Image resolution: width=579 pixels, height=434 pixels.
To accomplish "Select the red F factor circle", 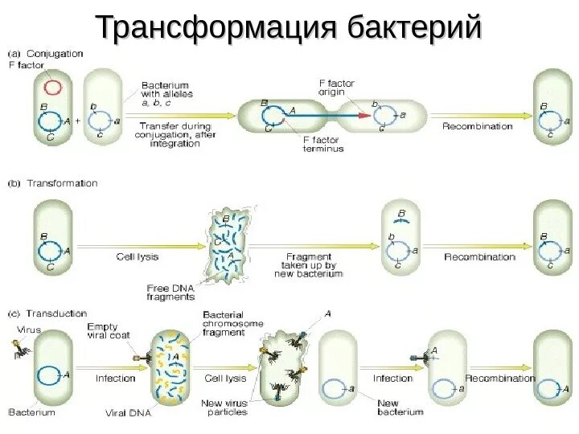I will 52,86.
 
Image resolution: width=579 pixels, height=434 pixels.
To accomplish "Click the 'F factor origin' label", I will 335,88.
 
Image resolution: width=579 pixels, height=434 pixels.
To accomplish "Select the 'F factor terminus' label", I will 323,143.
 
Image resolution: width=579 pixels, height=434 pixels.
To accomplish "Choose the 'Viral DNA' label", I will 128,413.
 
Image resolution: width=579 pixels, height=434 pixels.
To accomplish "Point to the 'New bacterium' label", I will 400,407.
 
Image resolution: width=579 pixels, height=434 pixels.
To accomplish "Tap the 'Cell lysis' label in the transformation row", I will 136,257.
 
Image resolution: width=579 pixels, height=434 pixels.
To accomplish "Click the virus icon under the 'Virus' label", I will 20,348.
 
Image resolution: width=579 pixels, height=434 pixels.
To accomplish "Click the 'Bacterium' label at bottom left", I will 32,412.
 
